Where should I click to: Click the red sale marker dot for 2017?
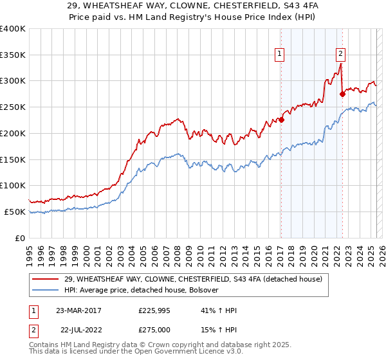click(281, 120)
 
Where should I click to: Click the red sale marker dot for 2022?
click(342, 94)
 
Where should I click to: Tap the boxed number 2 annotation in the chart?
click(340, 55)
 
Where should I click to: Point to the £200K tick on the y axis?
click(14, 133)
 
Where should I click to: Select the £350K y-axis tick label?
click(14, 55)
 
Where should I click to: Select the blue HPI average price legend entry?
click(142, 290)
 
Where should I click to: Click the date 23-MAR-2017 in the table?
click(78, 310)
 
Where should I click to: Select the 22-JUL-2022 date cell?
click(78, 330)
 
